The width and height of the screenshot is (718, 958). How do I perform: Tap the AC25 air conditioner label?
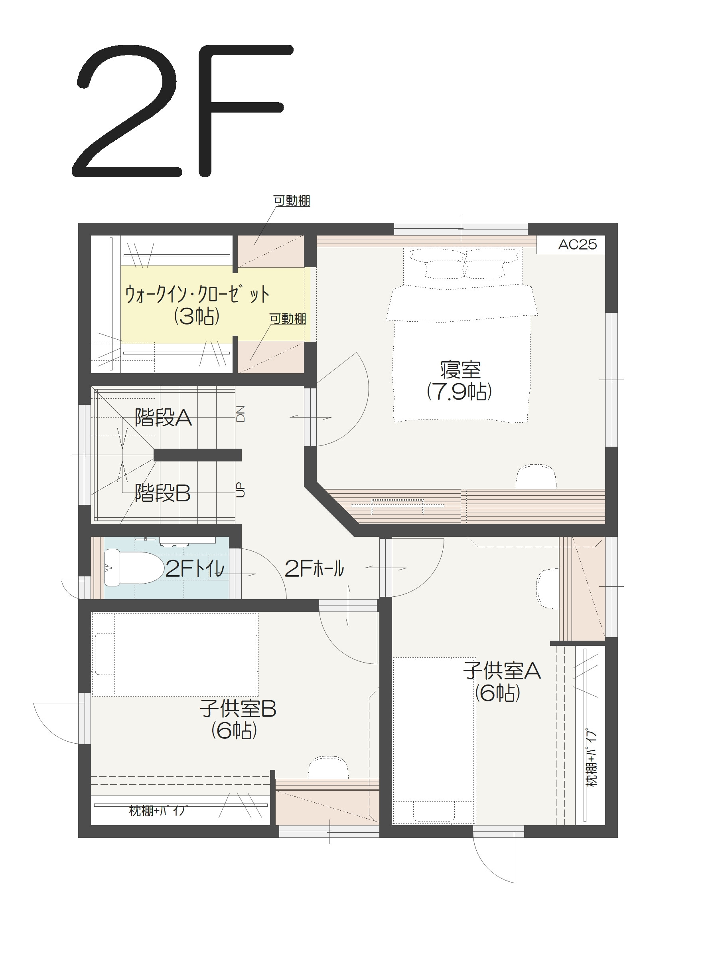click(x=577, y=245)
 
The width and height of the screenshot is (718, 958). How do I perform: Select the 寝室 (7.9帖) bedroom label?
click(x=460, y=380)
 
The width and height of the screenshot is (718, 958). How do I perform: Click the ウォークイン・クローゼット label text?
click(x=197, y=295)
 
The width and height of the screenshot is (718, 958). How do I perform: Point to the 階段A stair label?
click(x=163, y=418)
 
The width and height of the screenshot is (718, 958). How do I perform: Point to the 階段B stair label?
click(x=163, y=493)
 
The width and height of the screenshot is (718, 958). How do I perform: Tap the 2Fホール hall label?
click(x=314, y=569)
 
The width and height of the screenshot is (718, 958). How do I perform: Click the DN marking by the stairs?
click(x=241, y=414)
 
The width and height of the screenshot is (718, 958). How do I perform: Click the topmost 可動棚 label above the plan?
click(x=292, y=201)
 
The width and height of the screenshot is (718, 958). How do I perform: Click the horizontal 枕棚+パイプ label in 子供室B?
click(x=158, y=811)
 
